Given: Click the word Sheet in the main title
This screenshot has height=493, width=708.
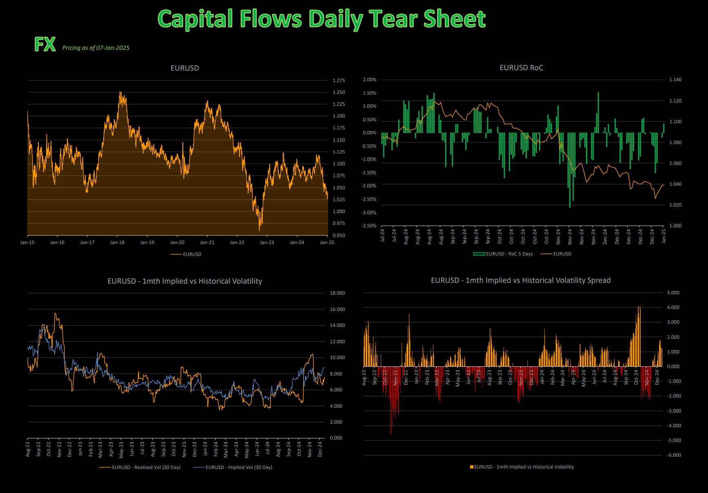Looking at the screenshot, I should (454, 19).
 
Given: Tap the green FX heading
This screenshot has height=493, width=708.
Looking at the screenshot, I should (45, 44).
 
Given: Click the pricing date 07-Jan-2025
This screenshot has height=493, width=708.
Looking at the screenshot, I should (113, 48).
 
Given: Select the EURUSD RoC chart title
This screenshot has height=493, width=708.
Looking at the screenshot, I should (521, 68).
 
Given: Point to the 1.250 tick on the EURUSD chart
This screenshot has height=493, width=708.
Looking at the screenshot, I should (338, 92).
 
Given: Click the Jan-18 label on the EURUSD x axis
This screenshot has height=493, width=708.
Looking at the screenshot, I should (117, 242).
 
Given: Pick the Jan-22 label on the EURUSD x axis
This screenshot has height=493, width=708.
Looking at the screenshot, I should (237, 242).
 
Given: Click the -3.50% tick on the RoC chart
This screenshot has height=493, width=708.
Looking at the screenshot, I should (369, 226).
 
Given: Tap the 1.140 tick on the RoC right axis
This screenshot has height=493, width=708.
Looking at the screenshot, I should (675, 80).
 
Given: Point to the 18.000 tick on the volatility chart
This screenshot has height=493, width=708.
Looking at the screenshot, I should (337, 293).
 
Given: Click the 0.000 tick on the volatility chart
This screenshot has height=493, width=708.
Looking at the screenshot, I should (336, 438).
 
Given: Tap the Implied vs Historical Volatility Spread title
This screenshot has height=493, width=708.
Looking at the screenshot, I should (521, 280).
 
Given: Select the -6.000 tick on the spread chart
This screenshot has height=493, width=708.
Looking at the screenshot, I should (674, 455).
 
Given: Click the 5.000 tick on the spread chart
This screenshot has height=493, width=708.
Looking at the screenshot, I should (673, 293).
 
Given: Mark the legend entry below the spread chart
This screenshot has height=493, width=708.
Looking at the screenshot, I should (524, 467).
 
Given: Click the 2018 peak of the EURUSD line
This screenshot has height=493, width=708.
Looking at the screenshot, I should (120, 93).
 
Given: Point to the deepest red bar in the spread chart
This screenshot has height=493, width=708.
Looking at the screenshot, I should (391, 433).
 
